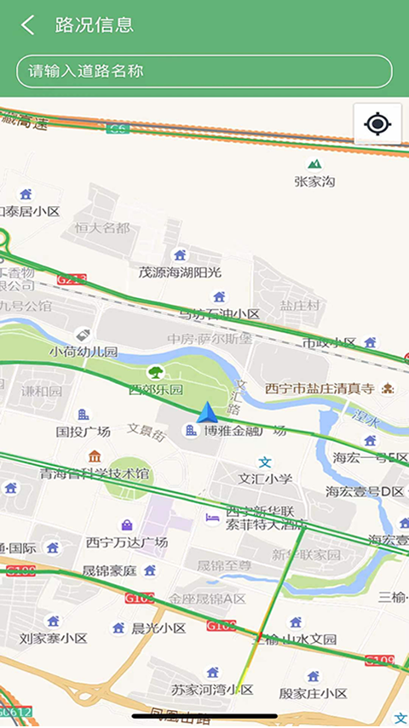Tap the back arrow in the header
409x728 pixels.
[x=28, y=25]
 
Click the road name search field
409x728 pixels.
[x=204, y=72]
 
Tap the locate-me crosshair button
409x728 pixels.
[x=377, y=125]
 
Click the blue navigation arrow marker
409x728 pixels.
[x=207, y=414]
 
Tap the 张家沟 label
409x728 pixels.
[x=315, y=181]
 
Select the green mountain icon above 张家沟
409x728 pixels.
[x=315, y=163]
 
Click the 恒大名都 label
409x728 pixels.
[x=102, y=227]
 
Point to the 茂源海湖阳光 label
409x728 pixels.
[x=180, y=272]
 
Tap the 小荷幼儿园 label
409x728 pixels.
[x=83, y=351]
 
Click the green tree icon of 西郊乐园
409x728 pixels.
[x=156, y=372]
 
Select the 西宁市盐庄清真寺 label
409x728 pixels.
[x=320, y=388]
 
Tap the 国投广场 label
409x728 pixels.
[x=84, y=432]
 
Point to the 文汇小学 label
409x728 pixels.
[x=265, y=479]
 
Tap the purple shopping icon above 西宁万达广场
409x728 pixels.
[x=127, y=525]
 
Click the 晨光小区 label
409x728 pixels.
[x=158, y=628]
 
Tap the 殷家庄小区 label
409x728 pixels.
[x=313, y=693]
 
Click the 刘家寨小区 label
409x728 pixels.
[x=54, y=638]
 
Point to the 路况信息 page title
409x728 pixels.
[x=95, y=25]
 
